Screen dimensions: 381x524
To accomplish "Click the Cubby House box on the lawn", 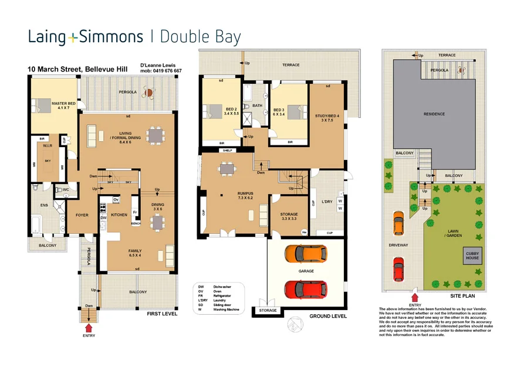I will [x=472, y=256].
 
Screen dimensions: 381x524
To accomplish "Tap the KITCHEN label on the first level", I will [x=119, y=215].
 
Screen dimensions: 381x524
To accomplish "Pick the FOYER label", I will [x=82, y=215].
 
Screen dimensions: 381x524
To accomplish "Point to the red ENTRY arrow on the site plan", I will [x=415, y=298].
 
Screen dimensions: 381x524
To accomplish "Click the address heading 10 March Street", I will [x=76, y=69].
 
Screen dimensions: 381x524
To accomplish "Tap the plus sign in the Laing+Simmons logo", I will [x=72, y=38].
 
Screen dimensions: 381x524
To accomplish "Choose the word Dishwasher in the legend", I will [x=224, y=285].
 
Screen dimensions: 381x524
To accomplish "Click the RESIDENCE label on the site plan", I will [x=434, y=114].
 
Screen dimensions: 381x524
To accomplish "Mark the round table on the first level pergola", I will [x=150, y=91].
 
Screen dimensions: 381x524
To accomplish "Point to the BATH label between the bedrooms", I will [x=257, y=106].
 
